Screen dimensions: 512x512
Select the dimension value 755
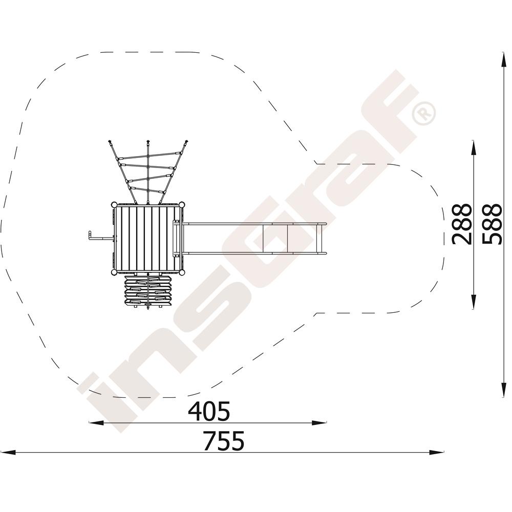click(x=224, y=440)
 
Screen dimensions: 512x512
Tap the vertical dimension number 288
click(x=462, y=224)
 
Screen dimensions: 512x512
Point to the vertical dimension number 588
click(x=492, y=224)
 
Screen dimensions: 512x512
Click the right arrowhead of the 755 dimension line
click(x=437, y=453)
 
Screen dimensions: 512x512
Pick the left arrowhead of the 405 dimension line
click(x=96, y=423)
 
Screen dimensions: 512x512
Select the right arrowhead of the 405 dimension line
click(x=319, y=423)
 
